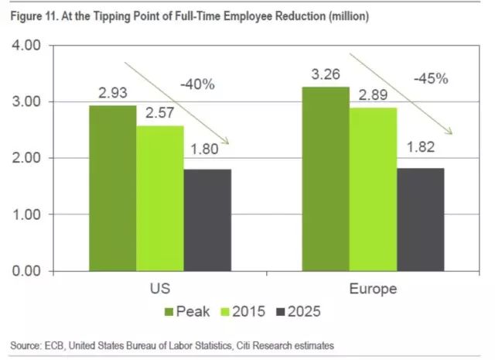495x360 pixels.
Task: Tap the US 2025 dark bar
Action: [x=207, y=220]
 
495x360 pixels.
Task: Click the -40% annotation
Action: [x=198, y=83]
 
